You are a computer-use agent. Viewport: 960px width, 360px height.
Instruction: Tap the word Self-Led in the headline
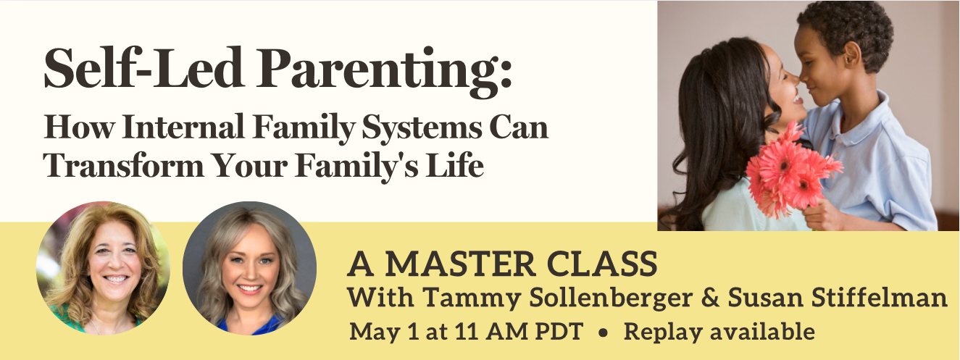pos(143,67)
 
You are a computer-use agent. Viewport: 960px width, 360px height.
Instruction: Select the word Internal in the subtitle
pos(183,127)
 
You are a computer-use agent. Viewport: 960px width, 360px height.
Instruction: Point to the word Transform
pos(124,164)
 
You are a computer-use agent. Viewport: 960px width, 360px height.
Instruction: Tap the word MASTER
pos(460,264)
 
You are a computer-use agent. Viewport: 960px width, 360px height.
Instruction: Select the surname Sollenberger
pos(612,298)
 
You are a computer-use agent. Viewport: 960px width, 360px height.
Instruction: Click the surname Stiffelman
pos(838,298)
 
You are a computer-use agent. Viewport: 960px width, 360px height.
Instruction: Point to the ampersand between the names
pos(711,298)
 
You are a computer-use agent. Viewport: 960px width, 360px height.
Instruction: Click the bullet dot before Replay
pos(604,333)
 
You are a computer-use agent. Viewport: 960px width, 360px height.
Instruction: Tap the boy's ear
pos(851,56)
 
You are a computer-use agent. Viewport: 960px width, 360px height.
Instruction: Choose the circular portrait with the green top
pos(103,268)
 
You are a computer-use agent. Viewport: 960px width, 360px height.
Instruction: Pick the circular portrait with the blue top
pos(249,268)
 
